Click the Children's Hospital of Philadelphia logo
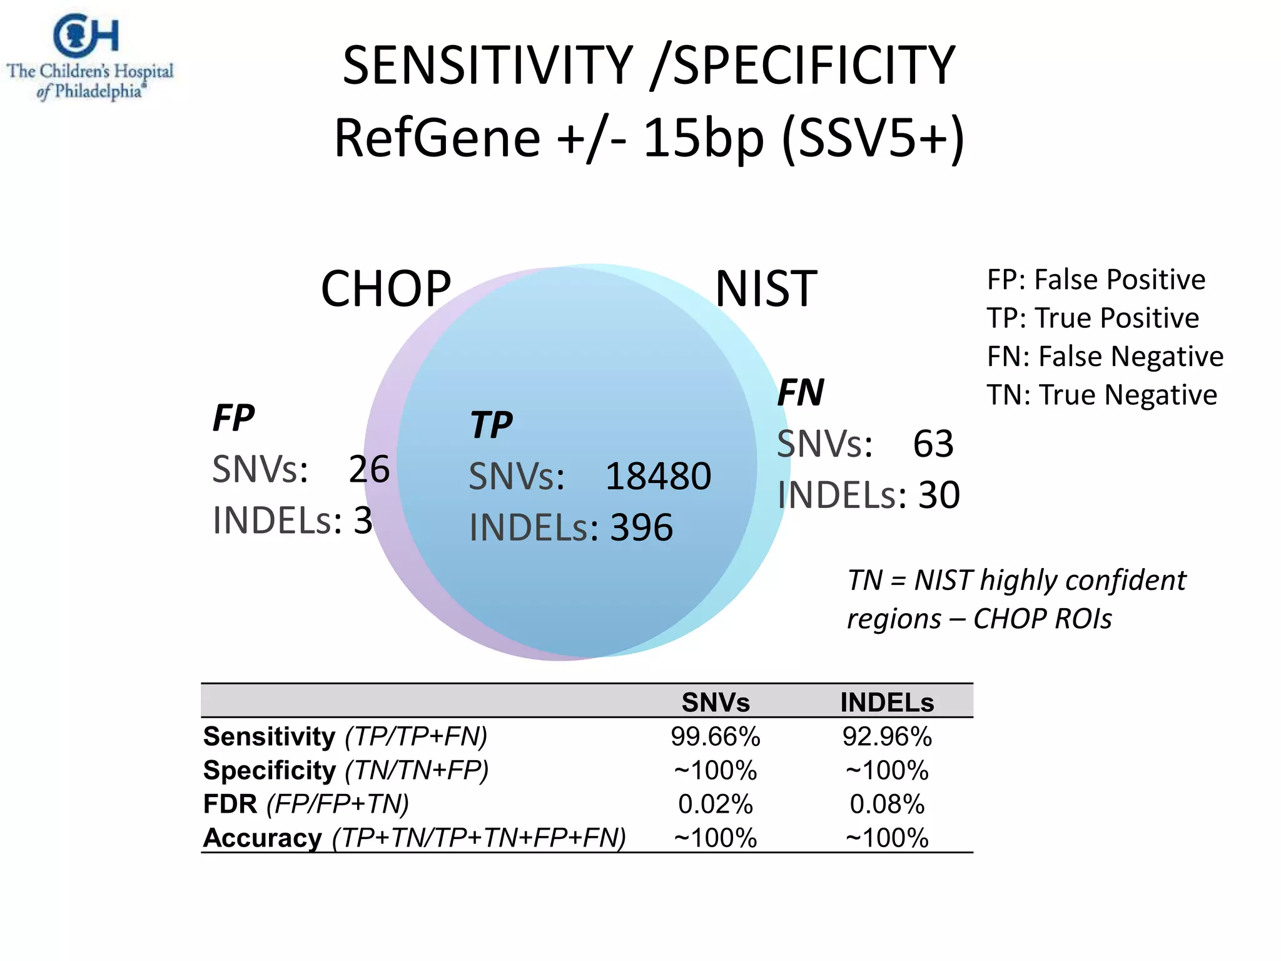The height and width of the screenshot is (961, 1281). coord(89,58)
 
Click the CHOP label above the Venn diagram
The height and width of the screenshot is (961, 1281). coord(385,289)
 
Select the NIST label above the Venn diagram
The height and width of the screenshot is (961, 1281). coord(766,289)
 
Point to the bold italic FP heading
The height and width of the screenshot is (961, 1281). coord(233,418)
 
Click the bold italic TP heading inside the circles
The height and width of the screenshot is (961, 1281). coord(491,425)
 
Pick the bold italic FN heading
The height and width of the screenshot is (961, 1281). coord(800,393)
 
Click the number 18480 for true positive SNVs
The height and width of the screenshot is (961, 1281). coord(658,476)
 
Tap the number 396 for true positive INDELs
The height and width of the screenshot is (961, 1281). coord(642,527)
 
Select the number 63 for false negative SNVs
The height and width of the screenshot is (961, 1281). coord(933,444)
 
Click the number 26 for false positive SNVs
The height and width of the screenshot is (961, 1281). coord(369,469)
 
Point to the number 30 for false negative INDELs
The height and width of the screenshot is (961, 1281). coord(938,496)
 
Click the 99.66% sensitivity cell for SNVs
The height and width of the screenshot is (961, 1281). coord(715,736)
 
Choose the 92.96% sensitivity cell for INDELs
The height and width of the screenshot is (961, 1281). coord(887,736)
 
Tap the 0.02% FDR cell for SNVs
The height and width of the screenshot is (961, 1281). coord(715,804)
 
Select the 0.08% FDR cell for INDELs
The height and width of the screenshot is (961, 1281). coord(887,804)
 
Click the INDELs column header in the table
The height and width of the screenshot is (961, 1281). coord(887,703)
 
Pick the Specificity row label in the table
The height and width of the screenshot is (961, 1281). coord(270,770)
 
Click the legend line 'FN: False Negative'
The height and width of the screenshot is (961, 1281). coord(1105,357)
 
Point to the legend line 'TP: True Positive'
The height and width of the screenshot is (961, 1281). coord(1093,318)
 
